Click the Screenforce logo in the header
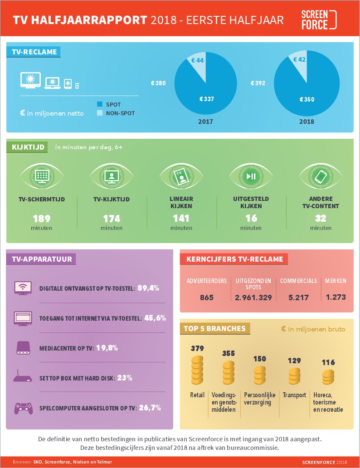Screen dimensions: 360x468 319,19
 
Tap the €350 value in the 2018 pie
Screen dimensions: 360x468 307,99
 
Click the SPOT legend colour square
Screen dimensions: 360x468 100,104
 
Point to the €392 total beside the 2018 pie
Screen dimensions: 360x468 258,83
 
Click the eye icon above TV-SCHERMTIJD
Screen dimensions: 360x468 42,176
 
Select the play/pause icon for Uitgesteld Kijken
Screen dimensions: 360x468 251,176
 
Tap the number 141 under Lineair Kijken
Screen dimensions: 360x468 181,218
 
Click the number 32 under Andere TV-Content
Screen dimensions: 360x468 321,218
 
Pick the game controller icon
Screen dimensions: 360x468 23,408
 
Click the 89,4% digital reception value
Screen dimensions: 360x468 148,288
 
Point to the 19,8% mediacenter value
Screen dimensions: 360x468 107,348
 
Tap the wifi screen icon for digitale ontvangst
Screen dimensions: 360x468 23,288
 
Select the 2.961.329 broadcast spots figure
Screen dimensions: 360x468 253,297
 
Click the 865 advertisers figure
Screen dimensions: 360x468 207,297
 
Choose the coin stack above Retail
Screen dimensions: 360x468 197,370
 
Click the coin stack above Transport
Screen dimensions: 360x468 294,376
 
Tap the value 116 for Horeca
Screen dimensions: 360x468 328,362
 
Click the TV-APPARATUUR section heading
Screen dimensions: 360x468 42,259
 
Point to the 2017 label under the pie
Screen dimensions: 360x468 206,122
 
